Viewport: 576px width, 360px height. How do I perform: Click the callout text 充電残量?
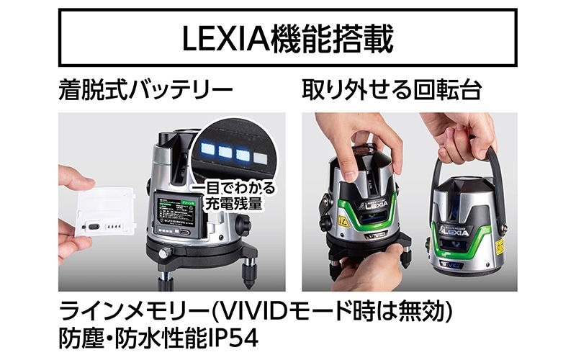[230, 204]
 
